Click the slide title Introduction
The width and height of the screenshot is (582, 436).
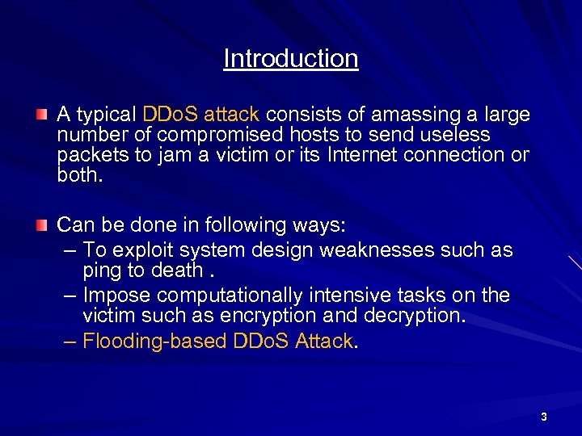click(x=291, y=58)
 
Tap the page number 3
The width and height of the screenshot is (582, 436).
click(x=543, y=417)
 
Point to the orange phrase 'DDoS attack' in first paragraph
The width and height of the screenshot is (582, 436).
click(x=200, y=115)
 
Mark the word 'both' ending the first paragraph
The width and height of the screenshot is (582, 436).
click(x=78, y=175)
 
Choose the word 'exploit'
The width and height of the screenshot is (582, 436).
click(x=147, y=250)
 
